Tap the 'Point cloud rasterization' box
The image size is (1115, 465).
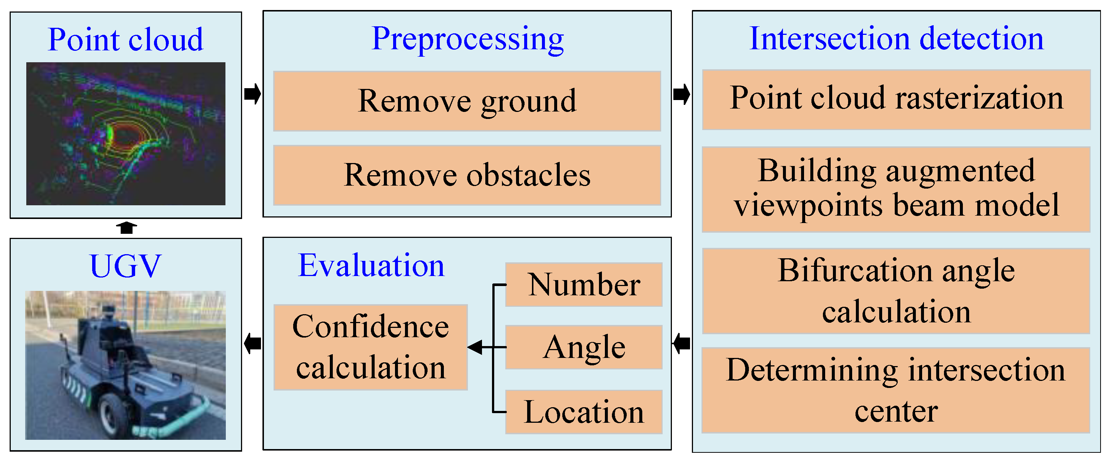(x=896, y=100)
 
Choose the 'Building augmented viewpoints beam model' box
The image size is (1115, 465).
(x=896, y=189)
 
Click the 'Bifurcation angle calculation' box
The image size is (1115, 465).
(x=896, y=291)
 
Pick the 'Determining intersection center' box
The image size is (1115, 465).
(x=896, y=390)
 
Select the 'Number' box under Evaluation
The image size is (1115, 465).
(x=583, y=285)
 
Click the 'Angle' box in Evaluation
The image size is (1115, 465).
(x=583, y=347)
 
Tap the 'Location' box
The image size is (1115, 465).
(x=583, y=412)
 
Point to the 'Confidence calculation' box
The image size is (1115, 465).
(x=371, y=347)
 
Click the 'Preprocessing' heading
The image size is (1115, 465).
(x=468, y=39)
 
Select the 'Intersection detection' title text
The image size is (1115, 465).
(x=896, y=39)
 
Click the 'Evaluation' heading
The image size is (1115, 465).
(x=371, y=265)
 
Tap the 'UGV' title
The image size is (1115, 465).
(x=125, y=266)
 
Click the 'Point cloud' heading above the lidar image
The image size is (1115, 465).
(x=125, y=40)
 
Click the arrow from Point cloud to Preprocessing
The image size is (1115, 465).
(x=253, y=94)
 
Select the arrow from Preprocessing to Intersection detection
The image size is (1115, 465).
(x=682, y=94)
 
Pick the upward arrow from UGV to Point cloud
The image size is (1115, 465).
(x=126, y=227)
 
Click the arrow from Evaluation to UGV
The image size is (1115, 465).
(x=253, y=344)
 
